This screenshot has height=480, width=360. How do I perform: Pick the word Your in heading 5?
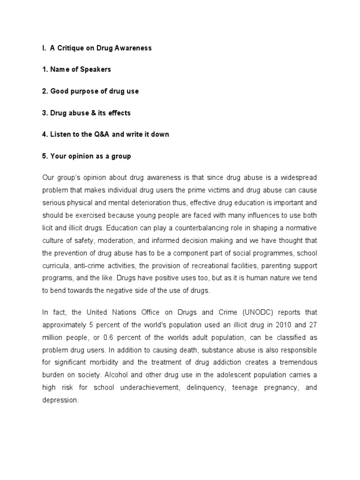[x=59, y=156]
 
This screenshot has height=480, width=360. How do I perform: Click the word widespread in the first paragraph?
[x=300, y=178]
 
